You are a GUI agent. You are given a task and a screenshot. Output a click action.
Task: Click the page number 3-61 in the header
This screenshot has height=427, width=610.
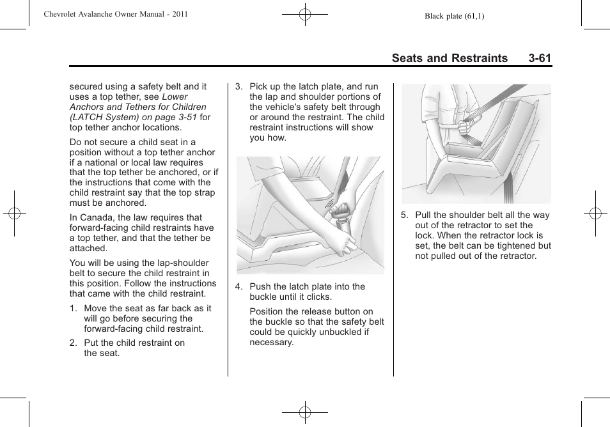(540, 58)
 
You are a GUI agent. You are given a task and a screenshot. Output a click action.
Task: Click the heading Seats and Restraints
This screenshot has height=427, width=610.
(450, 58)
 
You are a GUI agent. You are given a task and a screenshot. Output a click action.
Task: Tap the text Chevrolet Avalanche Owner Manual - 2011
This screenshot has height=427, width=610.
(116, 14)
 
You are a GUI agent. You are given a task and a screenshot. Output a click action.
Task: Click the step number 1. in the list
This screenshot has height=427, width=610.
(74, 308)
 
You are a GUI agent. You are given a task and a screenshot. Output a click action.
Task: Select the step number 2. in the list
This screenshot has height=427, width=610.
(74, 343)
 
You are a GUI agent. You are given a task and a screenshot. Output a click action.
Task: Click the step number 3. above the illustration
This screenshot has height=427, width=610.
(239, 86)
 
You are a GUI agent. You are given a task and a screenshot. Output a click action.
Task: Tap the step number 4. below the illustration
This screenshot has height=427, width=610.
(239, 286)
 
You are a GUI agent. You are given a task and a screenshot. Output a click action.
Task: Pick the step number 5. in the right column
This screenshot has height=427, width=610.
(404, 215)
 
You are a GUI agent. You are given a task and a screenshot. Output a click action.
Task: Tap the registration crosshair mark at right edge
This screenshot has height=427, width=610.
(595, 213)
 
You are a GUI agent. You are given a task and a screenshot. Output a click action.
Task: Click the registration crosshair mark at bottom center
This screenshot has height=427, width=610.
(305, 412)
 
